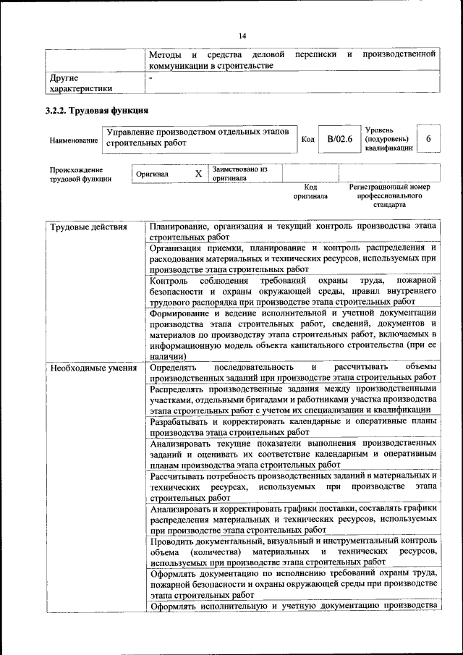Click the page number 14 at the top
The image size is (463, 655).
242,36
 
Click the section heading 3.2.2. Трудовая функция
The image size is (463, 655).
97,111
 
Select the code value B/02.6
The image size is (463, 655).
339,139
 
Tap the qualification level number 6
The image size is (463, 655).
429,139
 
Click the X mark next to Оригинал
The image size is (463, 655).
198,174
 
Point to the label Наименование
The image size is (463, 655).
74,140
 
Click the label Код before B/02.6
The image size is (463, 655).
307,140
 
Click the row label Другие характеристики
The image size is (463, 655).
80,83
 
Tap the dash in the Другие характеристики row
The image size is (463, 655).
150,76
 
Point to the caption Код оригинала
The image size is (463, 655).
310,191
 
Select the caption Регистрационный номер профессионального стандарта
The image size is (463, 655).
389,195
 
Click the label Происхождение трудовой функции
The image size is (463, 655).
80,174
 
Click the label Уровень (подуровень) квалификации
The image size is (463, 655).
389,138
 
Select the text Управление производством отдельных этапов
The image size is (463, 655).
197,132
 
